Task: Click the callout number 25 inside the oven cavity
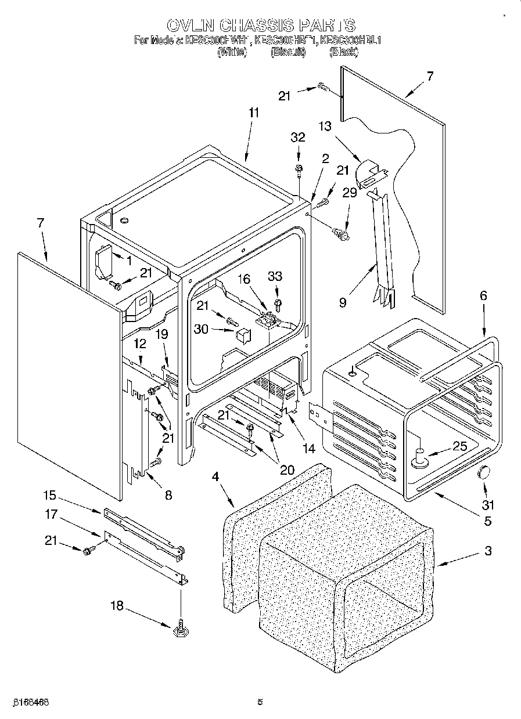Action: [459, 446]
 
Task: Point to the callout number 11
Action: [254, 113]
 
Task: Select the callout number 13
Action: [325, 126]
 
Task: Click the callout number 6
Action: [483, 295]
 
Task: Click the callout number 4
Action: [215, 478]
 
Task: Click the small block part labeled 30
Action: [243, 335]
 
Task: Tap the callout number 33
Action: [275, 277]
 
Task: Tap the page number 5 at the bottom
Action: [260, 702]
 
